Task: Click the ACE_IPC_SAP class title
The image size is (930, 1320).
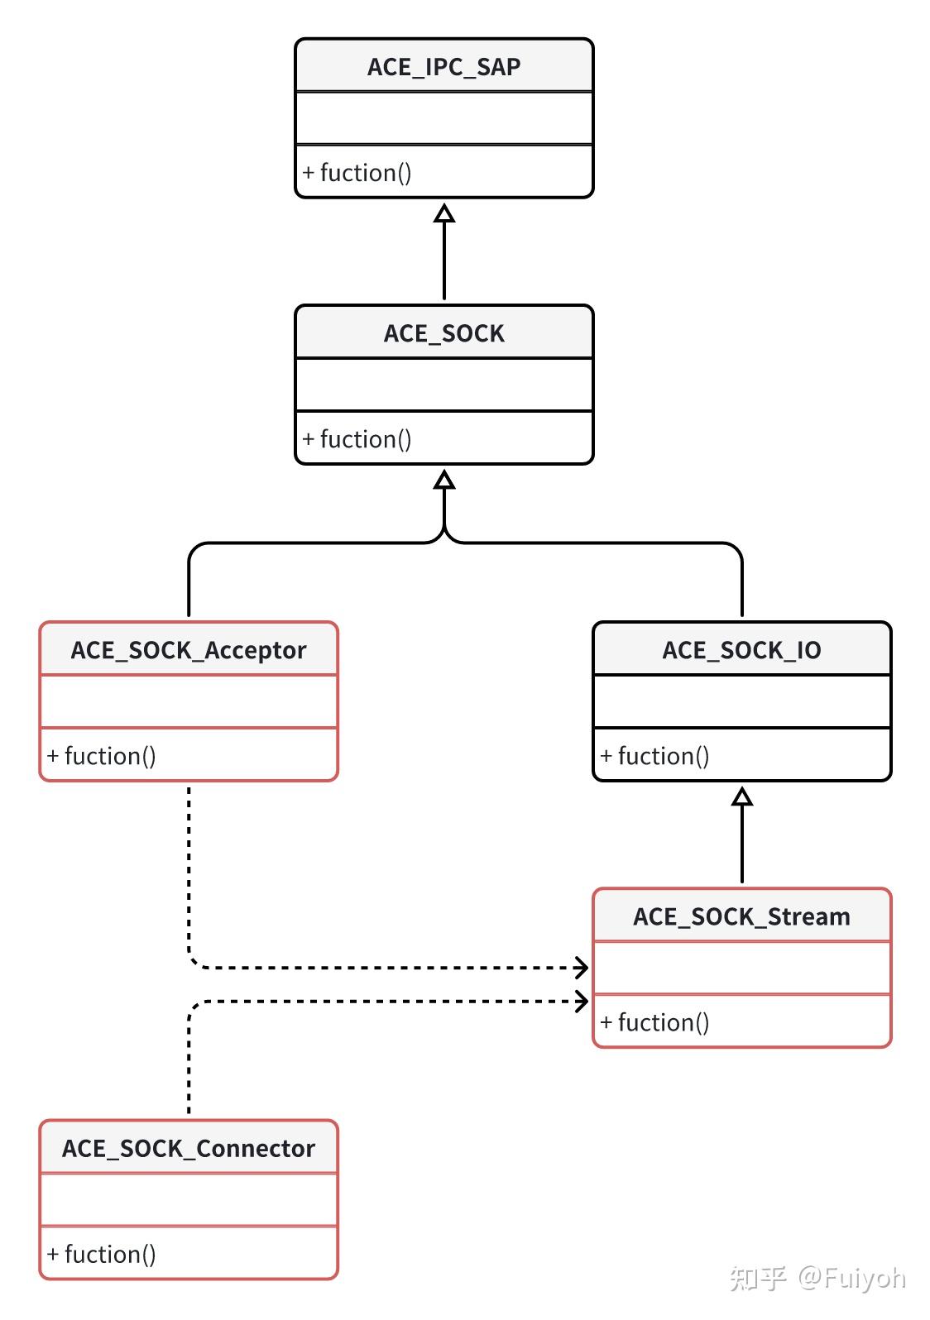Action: tap(443, 67)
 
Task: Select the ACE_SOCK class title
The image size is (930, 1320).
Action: tap(443, 333)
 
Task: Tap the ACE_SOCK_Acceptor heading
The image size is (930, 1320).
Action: tap(189, 650)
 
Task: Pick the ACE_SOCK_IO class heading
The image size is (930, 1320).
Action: tap(741, 650)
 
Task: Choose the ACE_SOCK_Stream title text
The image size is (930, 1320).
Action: tap(741, 916)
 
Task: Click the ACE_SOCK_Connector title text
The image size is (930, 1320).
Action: tap(189, 1149)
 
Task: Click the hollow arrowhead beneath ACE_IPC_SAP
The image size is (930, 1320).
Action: tap(444, 213)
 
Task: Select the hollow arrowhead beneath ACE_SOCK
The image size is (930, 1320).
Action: tap(444, 480)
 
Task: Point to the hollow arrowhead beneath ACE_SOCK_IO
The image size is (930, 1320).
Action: tap(742, 796)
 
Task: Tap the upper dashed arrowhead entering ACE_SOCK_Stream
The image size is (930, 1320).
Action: tap(582, 967)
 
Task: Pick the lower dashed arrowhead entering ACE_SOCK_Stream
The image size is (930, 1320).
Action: tap(582, 1002)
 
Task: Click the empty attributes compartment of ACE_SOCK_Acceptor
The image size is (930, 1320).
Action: tap(189, 702)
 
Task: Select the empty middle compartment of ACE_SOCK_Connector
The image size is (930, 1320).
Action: tap(189, 1200)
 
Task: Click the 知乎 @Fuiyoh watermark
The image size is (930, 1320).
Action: tap(817, 1278)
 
